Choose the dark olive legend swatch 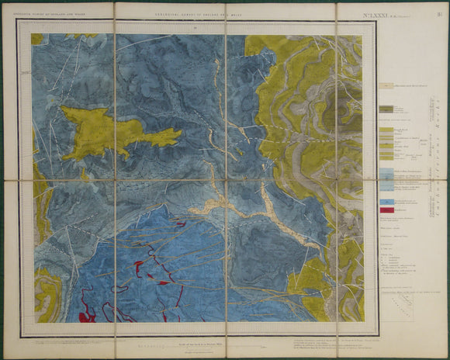(386, 109)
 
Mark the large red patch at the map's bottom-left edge (86, 313)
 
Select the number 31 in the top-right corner (439, 10)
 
